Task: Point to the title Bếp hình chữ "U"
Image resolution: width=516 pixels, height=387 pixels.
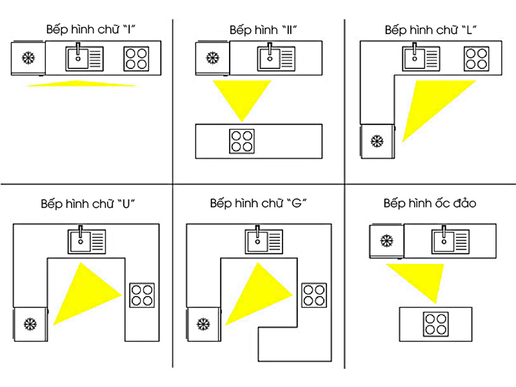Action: (87, 204)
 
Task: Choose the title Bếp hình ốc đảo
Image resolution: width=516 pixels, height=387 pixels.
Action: (430, 204)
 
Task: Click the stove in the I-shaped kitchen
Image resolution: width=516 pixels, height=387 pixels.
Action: (137, 59)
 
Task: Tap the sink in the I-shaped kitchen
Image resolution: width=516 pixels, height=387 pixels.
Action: (84, 58)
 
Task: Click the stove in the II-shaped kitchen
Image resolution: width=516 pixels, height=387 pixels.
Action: (242, 141)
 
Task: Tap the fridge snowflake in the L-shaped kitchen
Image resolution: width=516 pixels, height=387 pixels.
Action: (376, 140)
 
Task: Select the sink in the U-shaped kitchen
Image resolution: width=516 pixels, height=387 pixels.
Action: (87, 241)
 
